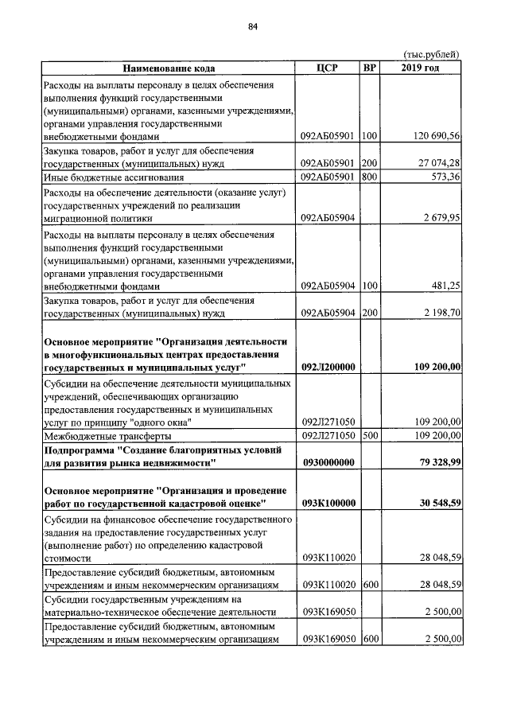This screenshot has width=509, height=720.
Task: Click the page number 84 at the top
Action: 253,27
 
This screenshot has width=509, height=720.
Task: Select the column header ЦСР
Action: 327,68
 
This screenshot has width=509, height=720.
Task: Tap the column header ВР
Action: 369,68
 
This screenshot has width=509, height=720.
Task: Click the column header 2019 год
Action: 420,68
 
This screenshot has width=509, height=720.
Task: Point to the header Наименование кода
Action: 169,69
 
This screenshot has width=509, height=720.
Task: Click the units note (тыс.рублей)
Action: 432,54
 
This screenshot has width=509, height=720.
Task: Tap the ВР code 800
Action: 368,176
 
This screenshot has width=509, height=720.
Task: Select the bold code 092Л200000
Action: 328,367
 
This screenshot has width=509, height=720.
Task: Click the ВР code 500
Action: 368,435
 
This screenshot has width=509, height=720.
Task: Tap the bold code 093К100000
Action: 328,503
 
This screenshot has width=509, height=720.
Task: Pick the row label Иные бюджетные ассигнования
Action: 115,177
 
